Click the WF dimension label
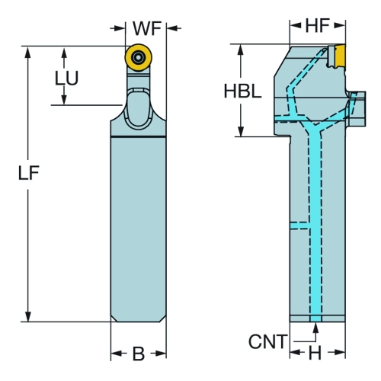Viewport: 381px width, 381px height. point(147,28)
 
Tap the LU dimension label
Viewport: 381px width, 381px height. point(66,78)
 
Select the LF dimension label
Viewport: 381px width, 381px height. point(29,173)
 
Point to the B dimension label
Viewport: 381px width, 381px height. point(139,354)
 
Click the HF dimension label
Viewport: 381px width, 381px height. point(318,25)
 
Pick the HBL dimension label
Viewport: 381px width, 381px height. point(242,91)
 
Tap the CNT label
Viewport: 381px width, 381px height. point(268,341)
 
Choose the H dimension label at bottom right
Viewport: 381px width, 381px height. point(315,353)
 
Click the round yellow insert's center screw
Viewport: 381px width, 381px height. point(138,57)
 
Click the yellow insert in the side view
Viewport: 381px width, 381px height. point(339,56)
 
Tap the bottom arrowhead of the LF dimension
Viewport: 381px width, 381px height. point(28,316)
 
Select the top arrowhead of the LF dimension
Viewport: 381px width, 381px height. point(28,52)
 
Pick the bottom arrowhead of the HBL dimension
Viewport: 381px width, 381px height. point(241,131)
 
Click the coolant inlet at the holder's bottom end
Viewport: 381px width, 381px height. point(315,319)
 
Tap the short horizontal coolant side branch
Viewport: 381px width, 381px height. point(299,226)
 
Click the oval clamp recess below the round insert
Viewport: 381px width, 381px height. point(138,109)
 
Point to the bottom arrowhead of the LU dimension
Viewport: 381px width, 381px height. point(64,99)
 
